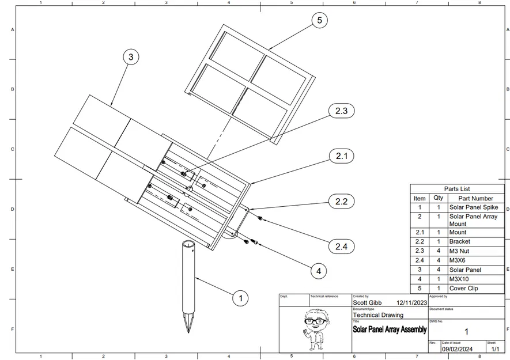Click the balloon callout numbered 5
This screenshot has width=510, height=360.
coord(320,21)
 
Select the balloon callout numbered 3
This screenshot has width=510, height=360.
coord(131,57)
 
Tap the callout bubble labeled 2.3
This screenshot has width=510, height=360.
coord(341,111)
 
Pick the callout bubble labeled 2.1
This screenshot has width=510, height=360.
coord(341,156)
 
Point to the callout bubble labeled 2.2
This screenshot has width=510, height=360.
coord(341,201)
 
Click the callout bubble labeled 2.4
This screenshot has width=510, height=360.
coord(341,247)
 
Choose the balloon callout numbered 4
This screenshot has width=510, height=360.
coord(318,270)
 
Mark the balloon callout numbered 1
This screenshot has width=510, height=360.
coord(240,298)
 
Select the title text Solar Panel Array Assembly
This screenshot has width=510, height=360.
coord(390,329)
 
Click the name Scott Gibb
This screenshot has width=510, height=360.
coord(367,301)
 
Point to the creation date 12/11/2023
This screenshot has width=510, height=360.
coord(412,301)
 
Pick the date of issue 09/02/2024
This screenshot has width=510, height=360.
coord(457,348)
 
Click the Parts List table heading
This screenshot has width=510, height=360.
coord(457,188)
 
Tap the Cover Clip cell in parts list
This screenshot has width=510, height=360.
coord(464,288)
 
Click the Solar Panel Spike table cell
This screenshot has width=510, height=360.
coord(473,207)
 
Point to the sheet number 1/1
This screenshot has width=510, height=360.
coord(494,348)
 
